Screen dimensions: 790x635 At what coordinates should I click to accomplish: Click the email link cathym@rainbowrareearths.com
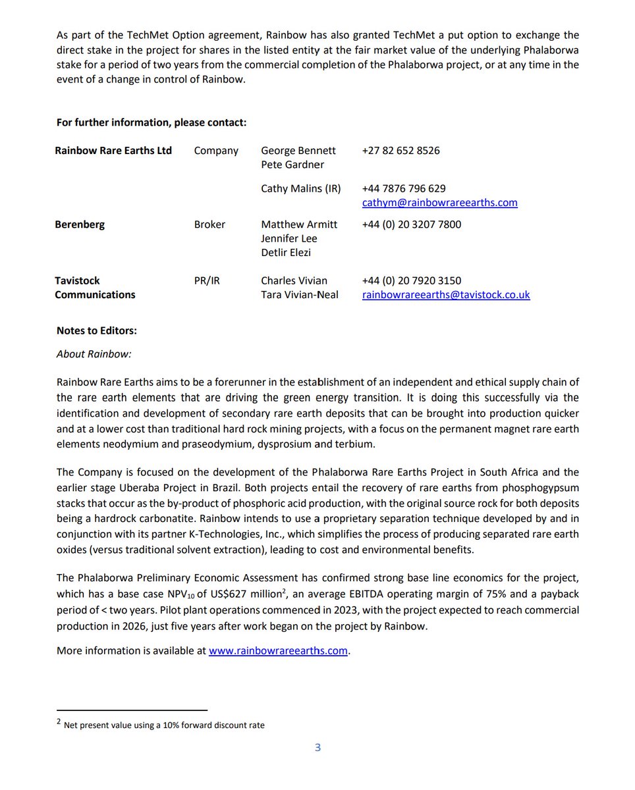click(x=439, y=203)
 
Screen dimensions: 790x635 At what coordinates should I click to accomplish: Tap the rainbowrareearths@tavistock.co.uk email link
click(x=446, y=295)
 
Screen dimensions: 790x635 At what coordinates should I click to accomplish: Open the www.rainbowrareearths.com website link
click(x=277, y=651)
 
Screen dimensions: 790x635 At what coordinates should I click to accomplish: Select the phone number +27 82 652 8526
click(x=400, y=151)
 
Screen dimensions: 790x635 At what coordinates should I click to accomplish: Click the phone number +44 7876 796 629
click(x=403, y=189)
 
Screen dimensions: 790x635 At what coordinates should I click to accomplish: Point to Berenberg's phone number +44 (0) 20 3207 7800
click(x=411, y=224)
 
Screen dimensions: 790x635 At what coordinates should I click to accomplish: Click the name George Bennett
click(x=298, y=151)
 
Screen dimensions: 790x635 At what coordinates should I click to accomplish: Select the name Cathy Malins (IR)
click(x=300, y=189)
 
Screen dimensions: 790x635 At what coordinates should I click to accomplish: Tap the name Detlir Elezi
click(x=286, y=253)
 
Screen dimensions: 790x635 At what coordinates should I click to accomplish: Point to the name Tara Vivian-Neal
click(x=299, y=295)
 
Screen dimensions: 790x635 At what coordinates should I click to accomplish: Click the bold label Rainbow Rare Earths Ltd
click(x=113, y=151)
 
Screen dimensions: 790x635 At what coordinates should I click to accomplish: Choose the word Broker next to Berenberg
click(x=209, y=224)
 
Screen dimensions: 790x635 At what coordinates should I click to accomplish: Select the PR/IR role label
click(x=207, y=281)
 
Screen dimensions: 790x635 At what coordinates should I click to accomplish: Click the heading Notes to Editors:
click(x=96, y=330)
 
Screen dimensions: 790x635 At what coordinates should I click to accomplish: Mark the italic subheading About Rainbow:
click(x=94, y=354)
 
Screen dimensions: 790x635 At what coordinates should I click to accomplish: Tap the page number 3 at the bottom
click(x=317, y=747)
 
